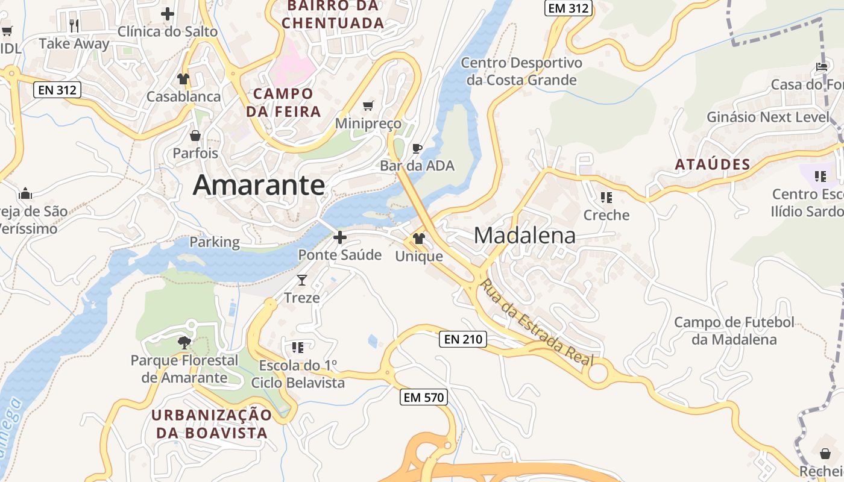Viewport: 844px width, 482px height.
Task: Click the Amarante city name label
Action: (x=259, y=185)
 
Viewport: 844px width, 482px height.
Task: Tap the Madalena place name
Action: (x=524, y=235)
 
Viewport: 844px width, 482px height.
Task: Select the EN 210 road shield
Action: (x=463, y=339)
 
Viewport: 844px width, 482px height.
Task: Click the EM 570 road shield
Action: (x=424, y=397)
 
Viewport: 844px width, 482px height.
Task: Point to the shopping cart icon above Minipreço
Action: (x=368, y=106)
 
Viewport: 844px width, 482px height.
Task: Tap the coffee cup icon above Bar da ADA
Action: (x=417, y=148)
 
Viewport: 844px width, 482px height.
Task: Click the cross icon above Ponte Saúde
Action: (x=340, y=237)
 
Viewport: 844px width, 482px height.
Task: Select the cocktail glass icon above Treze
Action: (x=302, y=280)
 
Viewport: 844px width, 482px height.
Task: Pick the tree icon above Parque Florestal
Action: (x=184, y=343)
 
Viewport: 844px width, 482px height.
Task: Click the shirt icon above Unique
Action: (x=419, y=239)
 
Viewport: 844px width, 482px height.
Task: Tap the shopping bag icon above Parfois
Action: (x=195, y=136)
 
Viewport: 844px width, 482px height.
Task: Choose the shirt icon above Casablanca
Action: (x=183, y=79)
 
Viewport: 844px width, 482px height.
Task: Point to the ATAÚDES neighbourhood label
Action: (x=713, y=164)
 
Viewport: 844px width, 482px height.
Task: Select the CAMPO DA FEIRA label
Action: (x=283, y=102)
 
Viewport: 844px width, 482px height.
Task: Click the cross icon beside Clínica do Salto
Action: (x=168, y=13)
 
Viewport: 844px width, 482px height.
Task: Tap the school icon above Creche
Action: (x=606, y=197)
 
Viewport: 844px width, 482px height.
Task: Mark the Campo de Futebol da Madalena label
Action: (x=734, y=331)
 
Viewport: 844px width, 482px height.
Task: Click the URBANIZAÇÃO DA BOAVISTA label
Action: (x=212, y=424)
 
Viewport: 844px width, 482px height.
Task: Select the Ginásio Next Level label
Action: (x=768, y=117)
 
